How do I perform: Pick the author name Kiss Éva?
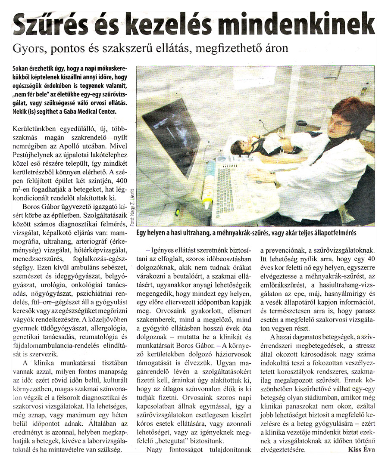pyautogui.click(x=362, y=450)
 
